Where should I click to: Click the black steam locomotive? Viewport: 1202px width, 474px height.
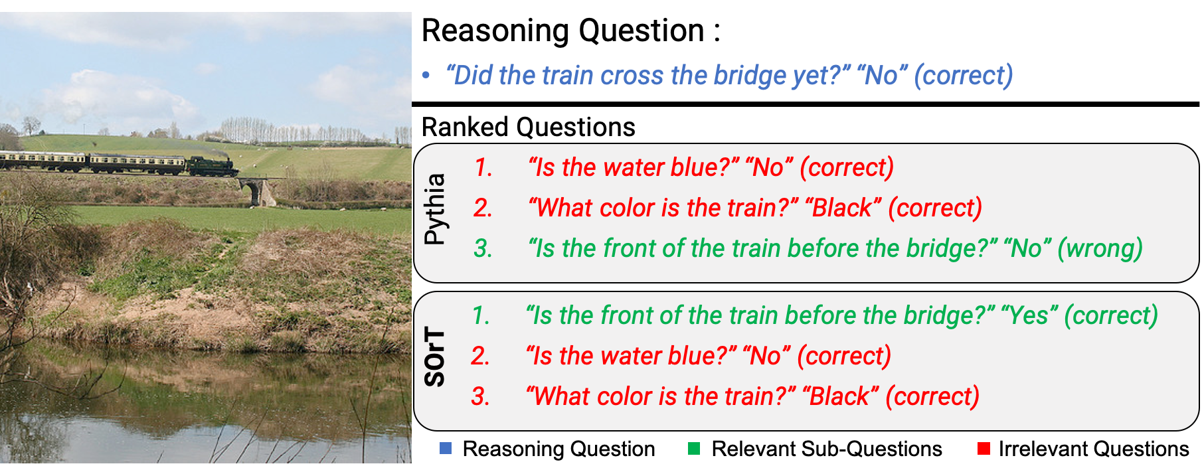pos(213,166)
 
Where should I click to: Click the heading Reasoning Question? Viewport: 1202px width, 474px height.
pos(571,31)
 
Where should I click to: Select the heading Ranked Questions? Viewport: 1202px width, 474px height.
pos(529,127)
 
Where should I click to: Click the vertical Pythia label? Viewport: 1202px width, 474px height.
pos(435,209)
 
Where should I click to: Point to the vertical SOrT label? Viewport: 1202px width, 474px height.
pos(435,356)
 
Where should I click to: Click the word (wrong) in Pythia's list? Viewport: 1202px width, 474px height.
pos(1100,249)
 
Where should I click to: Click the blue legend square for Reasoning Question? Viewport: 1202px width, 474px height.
pos(446,449)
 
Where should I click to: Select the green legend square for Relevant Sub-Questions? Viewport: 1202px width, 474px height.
pos(694,449)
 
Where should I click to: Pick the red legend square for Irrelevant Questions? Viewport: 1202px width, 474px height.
pos(984,449)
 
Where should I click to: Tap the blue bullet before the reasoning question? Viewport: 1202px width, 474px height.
pos(426,76)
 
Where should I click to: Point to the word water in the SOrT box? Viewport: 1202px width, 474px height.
pos(630,356)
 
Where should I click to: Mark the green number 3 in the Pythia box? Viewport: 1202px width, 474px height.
pos(483,249)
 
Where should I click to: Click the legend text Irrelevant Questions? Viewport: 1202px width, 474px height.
pos(1094,449)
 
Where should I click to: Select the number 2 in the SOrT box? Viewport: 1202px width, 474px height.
pos(480,356)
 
